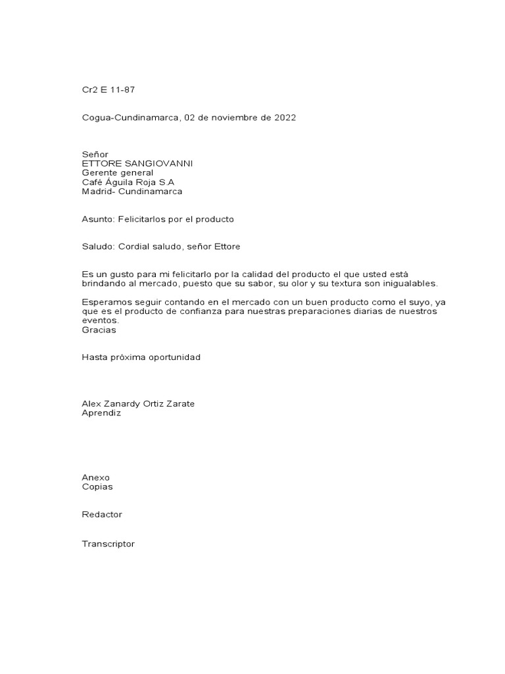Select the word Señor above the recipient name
tap(95, 154)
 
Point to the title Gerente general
tap(117, 172)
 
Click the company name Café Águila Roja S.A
tap(128, 182)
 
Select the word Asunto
tap(97, 219)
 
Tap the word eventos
tap(100, 321)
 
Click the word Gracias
tap(99, 330)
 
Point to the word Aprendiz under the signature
tap(101, 413)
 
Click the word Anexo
tap(96, 477)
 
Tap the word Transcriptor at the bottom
tap(108, 544)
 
